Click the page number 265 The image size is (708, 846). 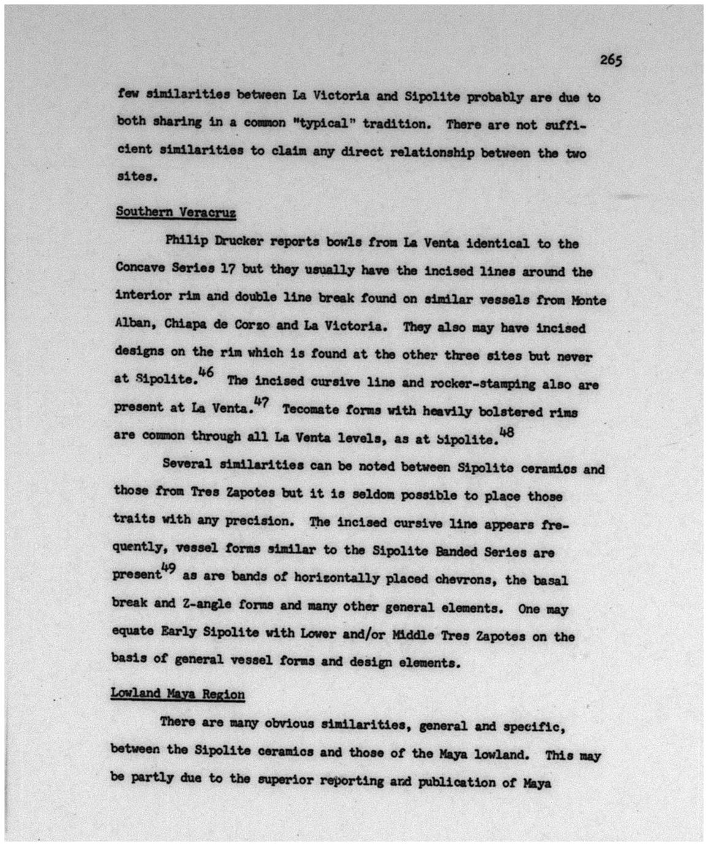tap(611, 59)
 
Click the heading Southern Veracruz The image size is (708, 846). tap(176, 212)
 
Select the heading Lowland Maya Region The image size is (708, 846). tap(178, 694)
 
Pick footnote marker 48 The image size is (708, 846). tap(506, 431)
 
